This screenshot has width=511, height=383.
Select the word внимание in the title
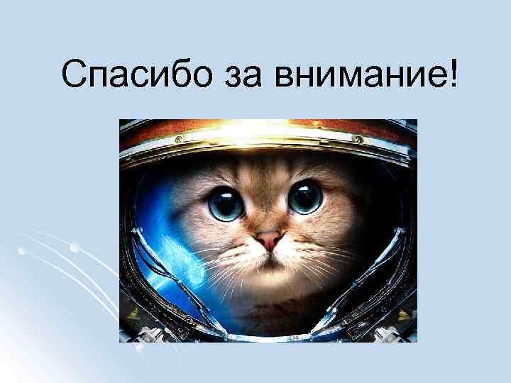coord(355,74)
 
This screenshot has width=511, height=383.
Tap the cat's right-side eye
coord(306,196)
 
